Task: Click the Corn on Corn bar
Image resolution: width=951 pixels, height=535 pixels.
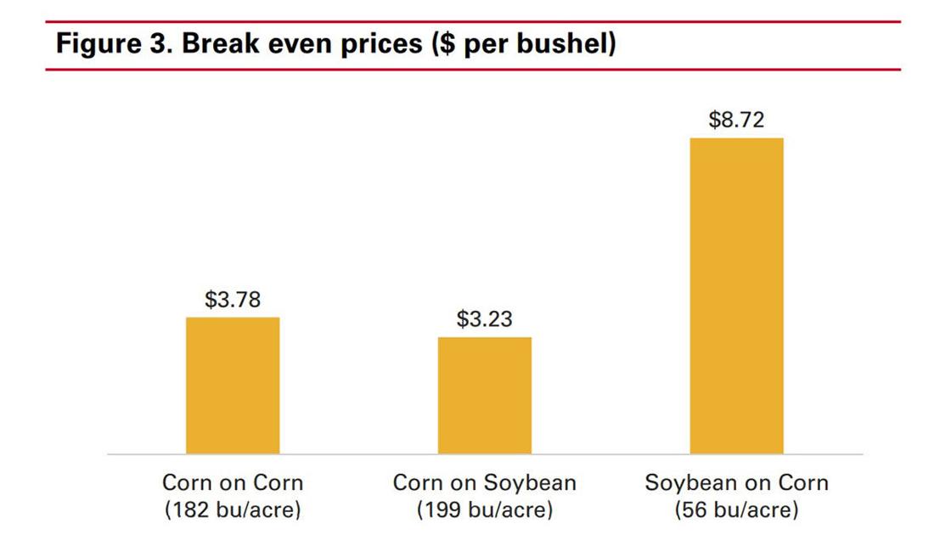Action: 233,386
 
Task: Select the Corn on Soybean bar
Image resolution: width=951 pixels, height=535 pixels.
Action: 485,396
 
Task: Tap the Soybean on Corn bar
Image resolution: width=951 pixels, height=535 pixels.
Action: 736,296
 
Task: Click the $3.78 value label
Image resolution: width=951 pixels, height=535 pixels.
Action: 232,300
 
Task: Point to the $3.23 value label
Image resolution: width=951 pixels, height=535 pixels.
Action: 484,319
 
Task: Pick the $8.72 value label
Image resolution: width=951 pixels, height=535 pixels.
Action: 736,120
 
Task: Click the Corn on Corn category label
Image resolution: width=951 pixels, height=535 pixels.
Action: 233,483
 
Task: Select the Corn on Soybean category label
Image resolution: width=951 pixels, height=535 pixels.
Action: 484,483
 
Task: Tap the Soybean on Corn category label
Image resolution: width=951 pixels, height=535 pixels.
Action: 736,483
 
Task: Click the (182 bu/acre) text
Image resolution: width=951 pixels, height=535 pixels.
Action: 233,510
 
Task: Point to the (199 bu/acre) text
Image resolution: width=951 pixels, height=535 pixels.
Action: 484,510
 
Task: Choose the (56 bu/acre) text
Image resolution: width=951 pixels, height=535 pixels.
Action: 736,510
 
